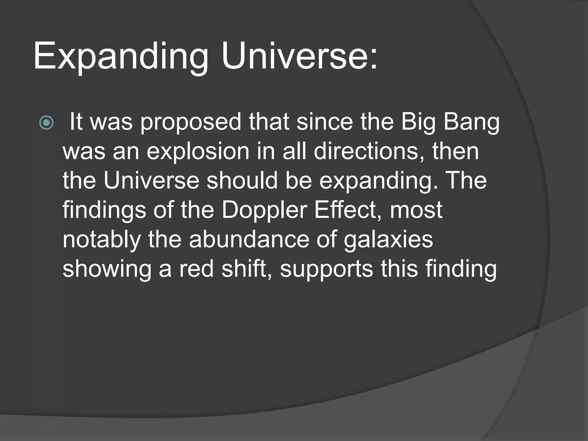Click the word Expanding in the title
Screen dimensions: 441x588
click(121, 56)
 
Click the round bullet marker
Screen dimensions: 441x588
click(46, 123)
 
